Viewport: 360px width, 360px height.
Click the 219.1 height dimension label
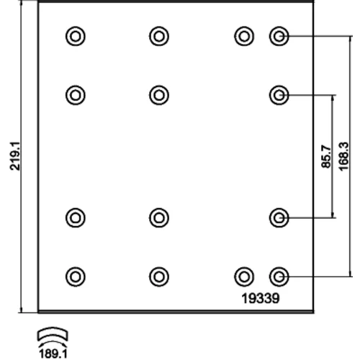[x=15, y=156]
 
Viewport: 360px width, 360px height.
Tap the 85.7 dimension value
[x=326, y=156]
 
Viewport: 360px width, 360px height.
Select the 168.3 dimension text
[x=343, y=156]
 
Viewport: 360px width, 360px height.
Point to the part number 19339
[x=261, y=298]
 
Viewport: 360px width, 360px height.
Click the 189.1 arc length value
[x=53, y=354]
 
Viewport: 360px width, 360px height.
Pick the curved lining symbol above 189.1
[x=53, y=333]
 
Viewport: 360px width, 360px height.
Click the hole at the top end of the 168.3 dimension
[x=279, y=37]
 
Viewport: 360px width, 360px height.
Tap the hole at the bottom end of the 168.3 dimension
[x=279, y=276]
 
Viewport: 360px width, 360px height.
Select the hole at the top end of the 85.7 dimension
[x=279, y=95]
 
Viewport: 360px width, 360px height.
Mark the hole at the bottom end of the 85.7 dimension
[x=279, y=218]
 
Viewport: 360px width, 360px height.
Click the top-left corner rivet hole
[x=76, y=37]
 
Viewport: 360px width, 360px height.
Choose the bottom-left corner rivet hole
[x=76, y=276]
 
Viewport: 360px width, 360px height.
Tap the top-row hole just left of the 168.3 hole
[x=244, y=37]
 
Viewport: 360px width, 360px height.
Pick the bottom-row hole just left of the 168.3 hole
[x=244, y=276]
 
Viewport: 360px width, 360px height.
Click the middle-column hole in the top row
[x=159, y=37]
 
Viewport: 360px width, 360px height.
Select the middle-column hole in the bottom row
[x=159, y=276]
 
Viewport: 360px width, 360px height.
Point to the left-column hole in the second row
[x=76, y=95]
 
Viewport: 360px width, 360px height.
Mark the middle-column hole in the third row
[x=159, y=218]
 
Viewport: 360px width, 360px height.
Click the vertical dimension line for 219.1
[x=22, y=156]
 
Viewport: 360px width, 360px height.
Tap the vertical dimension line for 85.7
[x=333, y=156]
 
